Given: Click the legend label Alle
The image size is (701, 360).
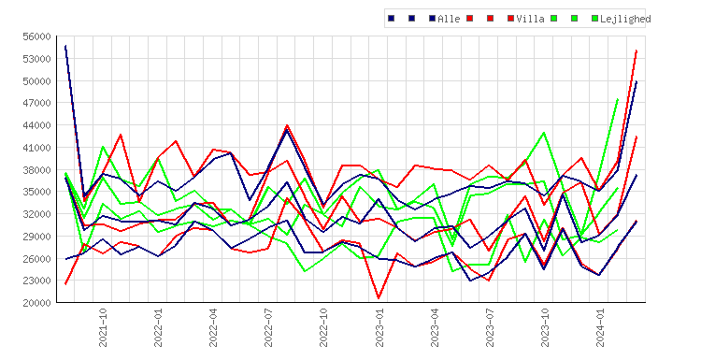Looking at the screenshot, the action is tap(449, 19).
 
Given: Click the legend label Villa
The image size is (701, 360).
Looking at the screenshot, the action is tap(530, 19).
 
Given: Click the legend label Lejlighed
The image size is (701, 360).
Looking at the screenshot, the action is tap(625, 19).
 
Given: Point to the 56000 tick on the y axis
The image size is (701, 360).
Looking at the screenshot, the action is tap(36, 36).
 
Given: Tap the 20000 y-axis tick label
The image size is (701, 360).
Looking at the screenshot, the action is tap(36, 303).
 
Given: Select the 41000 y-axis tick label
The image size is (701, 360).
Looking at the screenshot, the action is tap(36, 148).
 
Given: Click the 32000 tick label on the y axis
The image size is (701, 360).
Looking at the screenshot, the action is tap(36, 214).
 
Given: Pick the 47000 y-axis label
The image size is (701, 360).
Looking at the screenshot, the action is tap(36, 103).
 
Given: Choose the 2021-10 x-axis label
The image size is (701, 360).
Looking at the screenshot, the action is tap(103, 327).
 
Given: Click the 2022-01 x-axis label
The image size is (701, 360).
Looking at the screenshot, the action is tap(158, 327).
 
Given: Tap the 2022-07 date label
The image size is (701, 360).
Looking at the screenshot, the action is tap(268, 327).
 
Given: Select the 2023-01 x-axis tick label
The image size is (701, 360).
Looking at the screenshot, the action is tap(379, 327).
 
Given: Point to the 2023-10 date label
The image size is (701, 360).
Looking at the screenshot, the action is tap(545, 327).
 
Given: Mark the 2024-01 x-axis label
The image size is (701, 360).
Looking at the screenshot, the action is tap(600, 327).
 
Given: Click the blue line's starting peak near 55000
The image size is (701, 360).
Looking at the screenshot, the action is tap(65, 46).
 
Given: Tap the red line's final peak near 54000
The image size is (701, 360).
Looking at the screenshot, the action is tap(637, 50).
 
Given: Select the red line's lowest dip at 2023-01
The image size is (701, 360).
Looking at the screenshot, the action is tap(379, 298).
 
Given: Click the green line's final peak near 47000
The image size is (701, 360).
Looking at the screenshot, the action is tap(618, 99).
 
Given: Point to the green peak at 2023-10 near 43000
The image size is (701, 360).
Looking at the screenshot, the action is tap(544, 133).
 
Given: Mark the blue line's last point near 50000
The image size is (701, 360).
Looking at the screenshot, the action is tap(637, 81).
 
